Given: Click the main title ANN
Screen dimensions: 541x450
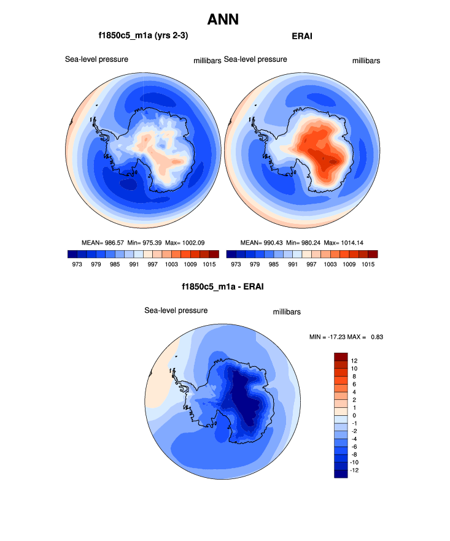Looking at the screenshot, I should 223,20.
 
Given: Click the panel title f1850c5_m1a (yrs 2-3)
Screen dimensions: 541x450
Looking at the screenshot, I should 139,36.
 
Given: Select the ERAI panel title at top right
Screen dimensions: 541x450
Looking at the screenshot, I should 302,36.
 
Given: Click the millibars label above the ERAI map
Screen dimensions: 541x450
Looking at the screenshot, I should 366,61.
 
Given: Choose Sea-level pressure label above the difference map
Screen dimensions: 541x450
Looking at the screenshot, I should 176,310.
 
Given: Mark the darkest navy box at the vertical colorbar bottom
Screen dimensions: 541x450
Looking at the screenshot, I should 341,473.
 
